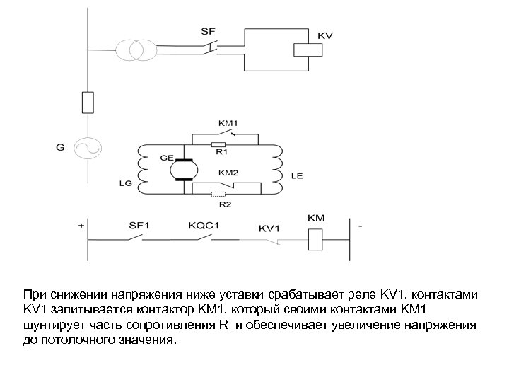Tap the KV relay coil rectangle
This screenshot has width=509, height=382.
(306, 50)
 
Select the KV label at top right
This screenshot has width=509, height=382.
(326, 35)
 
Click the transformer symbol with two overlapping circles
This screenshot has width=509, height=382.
(132, 50)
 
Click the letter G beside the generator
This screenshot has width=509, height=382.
(60, 148)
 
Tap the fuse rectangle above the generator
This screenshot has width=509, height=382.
(88, 102)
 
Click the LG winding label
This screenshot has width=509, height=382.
(124, 183)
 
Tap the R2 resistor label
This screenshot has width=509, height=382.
(225, 205)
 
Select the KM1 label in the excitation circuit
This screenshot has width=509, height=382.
(228, 122)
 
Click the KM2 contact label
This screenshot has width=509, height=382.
(228, 172)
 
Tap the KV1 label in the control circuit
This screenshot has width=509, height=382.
(269, 228)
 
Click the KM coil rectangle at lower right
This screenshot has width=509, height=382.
(316, 240)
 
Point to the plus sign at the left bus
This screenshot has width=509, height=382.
(81, 226)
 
